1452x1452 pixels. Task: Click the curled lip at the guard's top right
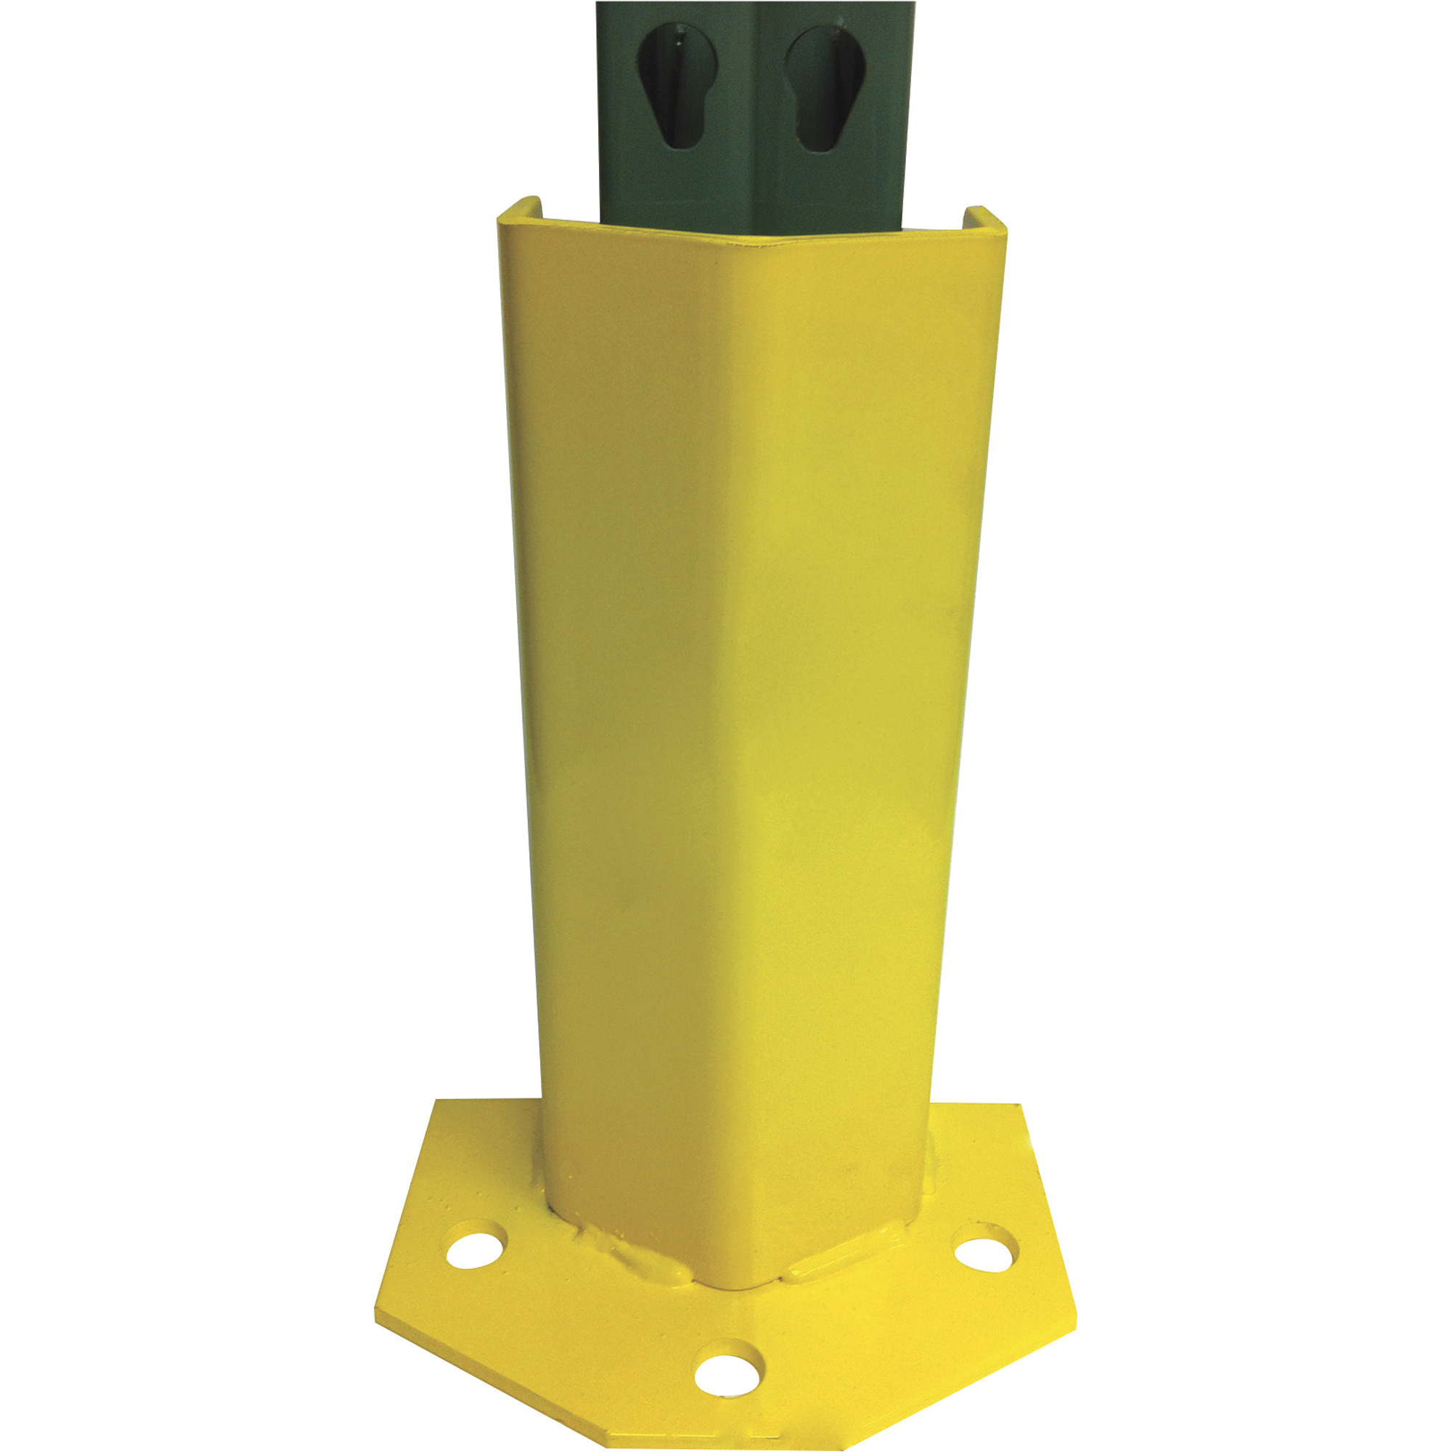click(x=984, y=218)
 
